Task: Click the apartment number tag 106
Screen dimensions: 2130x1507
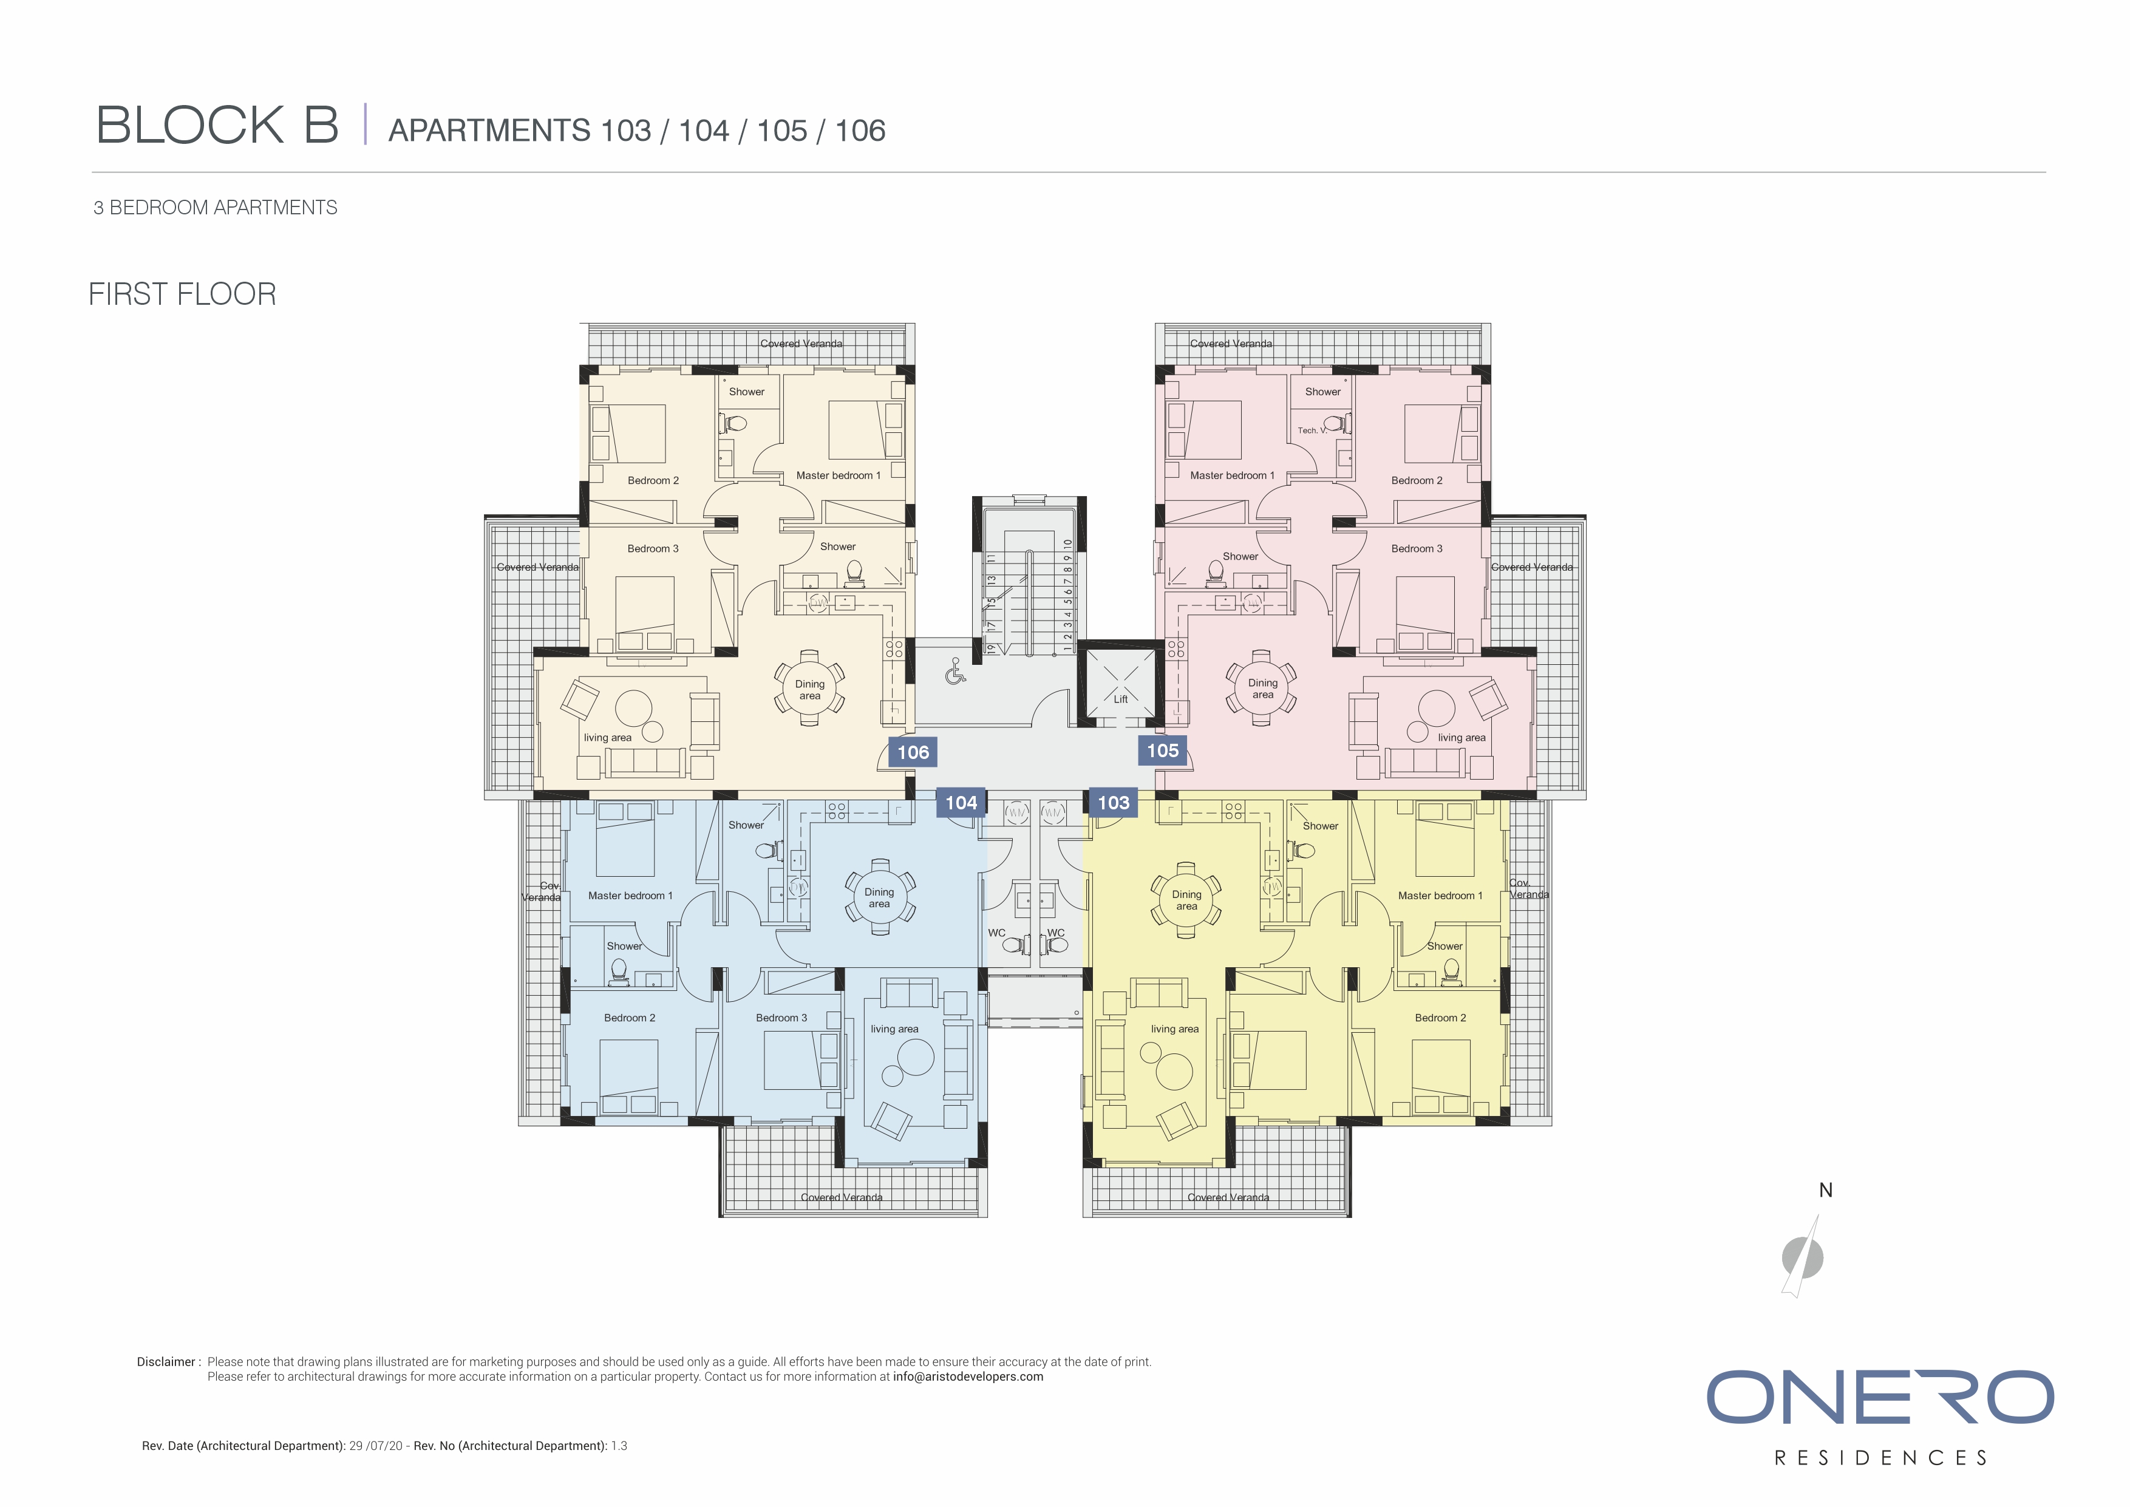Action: point(913,752)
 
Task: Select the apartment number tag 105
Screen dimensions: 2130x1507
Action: point(1162,750)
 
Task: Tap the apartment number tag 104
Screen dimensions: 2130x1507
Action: point(961,803)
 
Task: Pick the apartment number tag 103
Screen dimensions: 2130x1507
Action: point(1113,803)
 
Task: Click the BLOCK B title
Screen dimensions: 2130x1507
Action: point(218,125)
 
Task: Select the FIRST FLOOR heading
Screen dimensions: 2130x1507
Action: point(183,294)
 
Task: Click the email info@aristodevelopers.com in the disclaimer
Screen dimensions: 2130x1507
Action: point(968,1377)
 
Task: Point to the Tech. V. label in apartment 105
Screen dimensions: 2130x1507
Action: point(1312,430)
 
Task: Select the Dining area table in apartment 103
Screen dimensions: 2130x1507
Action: point(1186,899)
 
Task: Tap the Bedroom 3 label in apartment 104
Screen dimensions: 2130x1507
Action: point(781,1018)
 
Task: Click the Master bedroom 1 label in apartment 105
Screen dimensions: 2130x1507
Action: point(1232,475)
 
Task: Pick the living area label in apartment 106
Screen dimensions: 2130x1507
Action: point(608,738)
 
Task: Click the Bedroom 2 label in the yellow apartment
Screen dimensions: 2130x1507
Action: point(1440,1018)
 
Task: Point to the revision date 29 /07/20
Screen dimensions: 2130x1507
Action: point(376,1446)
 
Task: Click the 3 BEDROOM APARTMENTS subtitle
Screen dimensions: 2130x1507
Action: point(215,208)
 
